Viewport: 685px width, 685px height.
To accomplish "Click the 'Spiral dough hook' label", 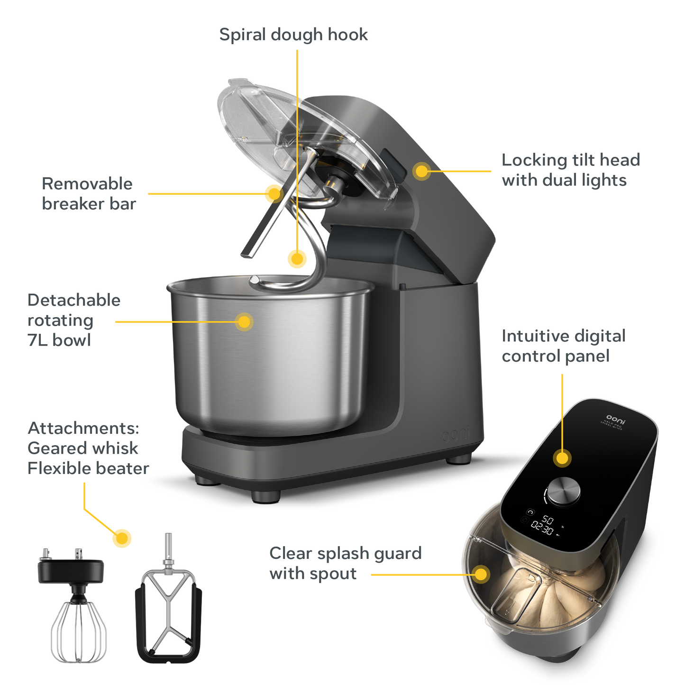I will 293,35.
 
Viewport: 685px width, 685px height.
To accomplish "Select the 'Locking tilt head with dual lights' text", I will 571,170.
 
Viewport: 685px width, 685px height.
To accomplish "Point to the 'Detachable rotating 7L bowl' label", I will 73,320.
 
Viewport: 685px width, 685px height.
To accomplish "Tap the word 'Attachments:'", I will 83,428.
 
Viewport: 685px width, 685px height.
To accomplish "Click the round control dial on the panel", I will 564,491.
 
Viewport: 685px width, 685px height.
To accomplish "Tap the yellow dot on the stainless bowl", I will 244,322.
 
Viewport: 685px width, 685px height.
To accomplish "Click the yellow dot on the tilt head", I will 421,171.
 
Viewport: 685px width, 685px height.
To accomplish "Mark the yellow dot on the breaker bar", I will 273,193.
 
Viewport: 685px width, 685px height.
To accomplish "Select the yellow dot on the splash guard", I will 481,574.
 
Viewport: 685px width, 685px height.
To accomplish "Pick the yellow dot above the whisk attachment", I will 122,538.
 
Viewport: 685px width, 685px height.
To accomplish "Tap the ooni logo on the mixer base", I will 456,435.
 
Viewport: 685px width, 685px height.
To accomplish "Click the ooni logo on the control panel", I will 616,418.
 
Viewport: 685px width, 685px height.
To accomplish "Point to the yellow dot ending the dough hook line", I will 297,259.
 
